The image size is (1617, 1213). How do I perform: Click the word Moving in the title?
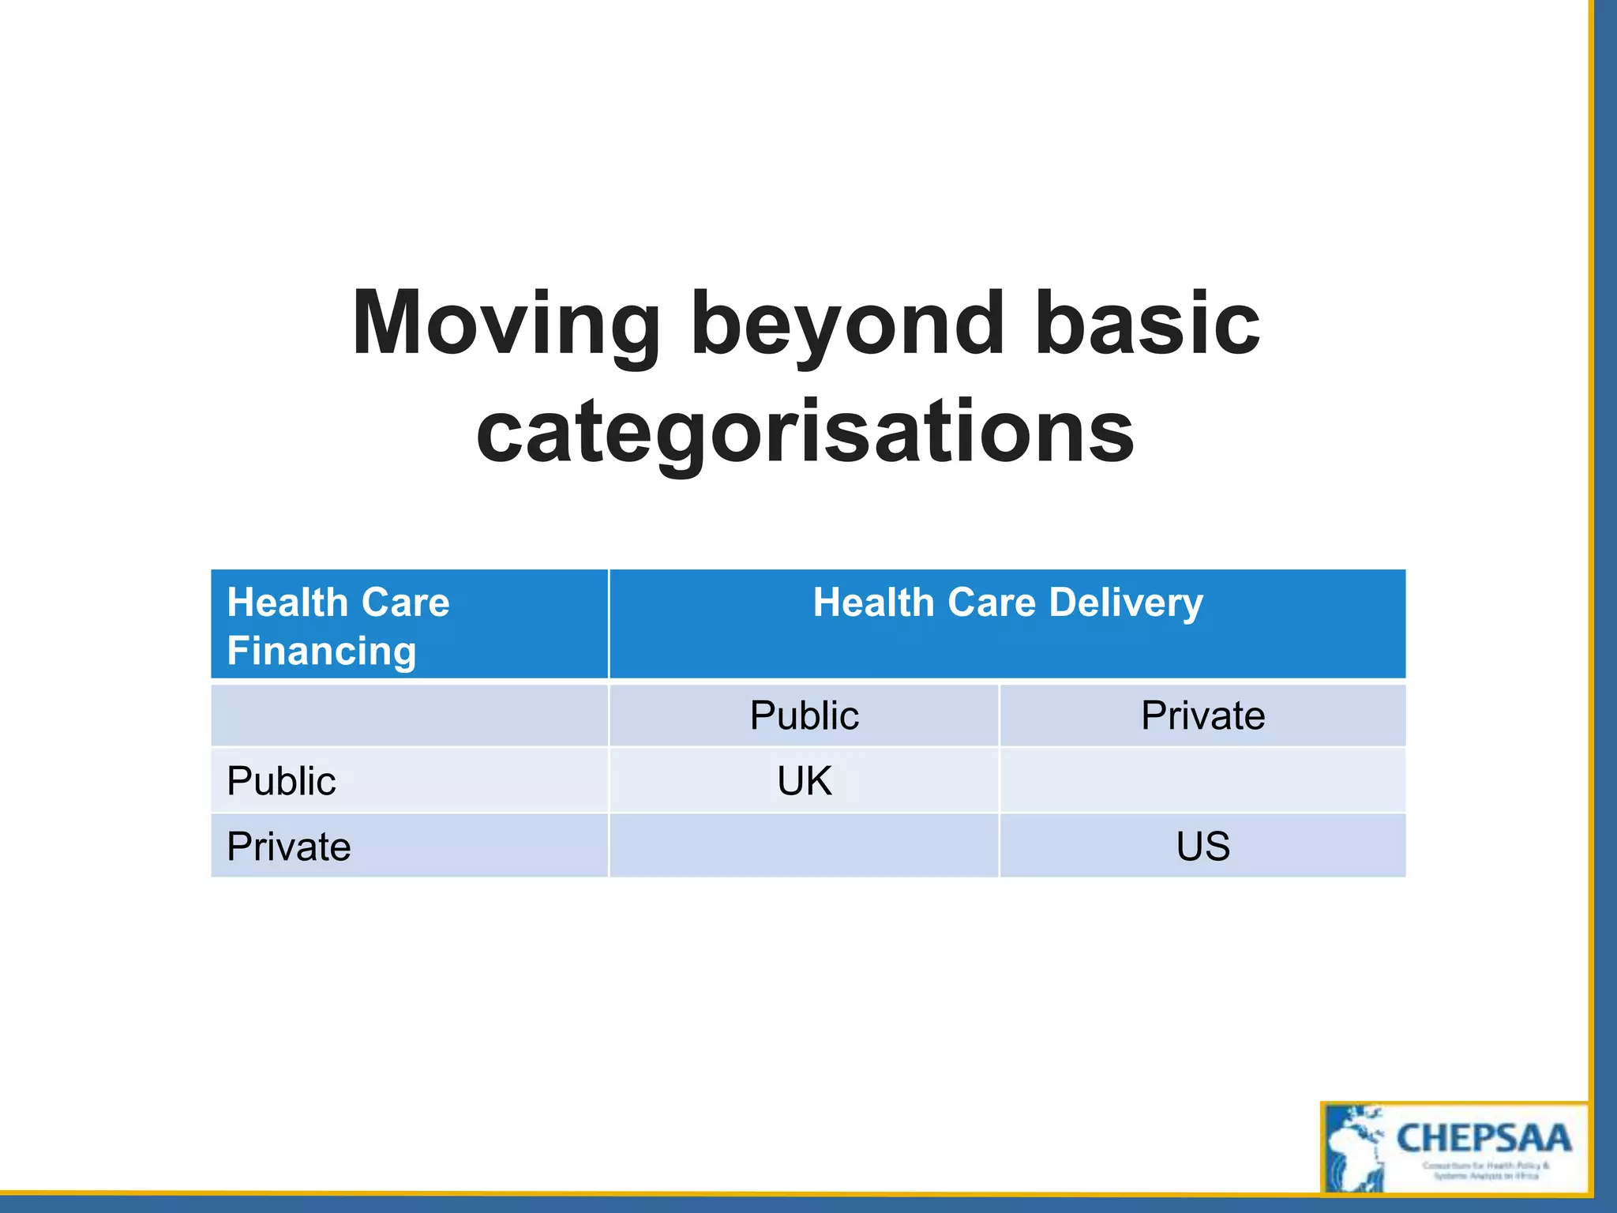pyautogui.click(x=505, y=324)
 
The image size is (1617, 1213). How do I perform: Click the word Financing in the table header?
pyautogui.click(x=321, y=652)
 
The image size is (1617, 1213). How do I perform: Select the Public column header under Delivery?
pyautogui.click(x=804, y=715)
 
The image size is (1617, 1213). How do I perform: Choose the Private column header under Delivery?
pyautogui.click(x=1202, y=715)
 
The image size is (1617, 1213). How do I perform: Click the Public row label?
pyautogui.click(x=281, y=781)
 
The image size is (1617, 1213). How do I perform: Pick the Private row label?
pyautogui.click(x=288, y=847)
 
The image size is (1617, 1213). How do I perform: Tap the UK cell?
pyautogui.click(x=804, y=781)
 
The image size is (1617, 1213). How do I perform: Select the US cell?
pyautogui.click(x=1202, y=847)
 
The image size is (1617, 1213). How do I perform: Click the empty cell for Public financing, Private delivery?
pyautogui.click(x=1202, y=781)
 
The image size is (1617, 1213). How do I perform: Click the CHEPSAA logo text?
pyautogui.click(x=1484, y=1139)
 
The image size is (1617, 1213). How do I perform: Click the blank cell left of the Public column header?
pyautogui.click(x=409, y=715)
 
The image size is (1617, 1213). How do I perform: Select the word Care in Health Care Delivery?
pyautogui.click(x=991, y=603)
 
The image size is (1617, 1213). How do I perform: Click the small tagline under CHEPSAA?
pyautogui.click(x=1485, y=1170)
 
